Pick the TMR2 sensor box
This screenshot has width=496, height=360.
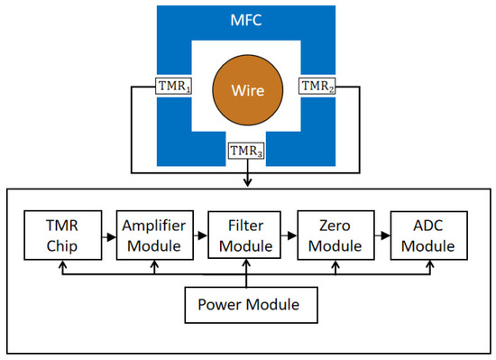316,88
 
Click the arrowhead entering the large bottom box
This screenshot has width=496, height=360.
247,184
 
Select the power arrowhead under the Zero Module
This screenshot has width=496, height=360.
335,266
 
